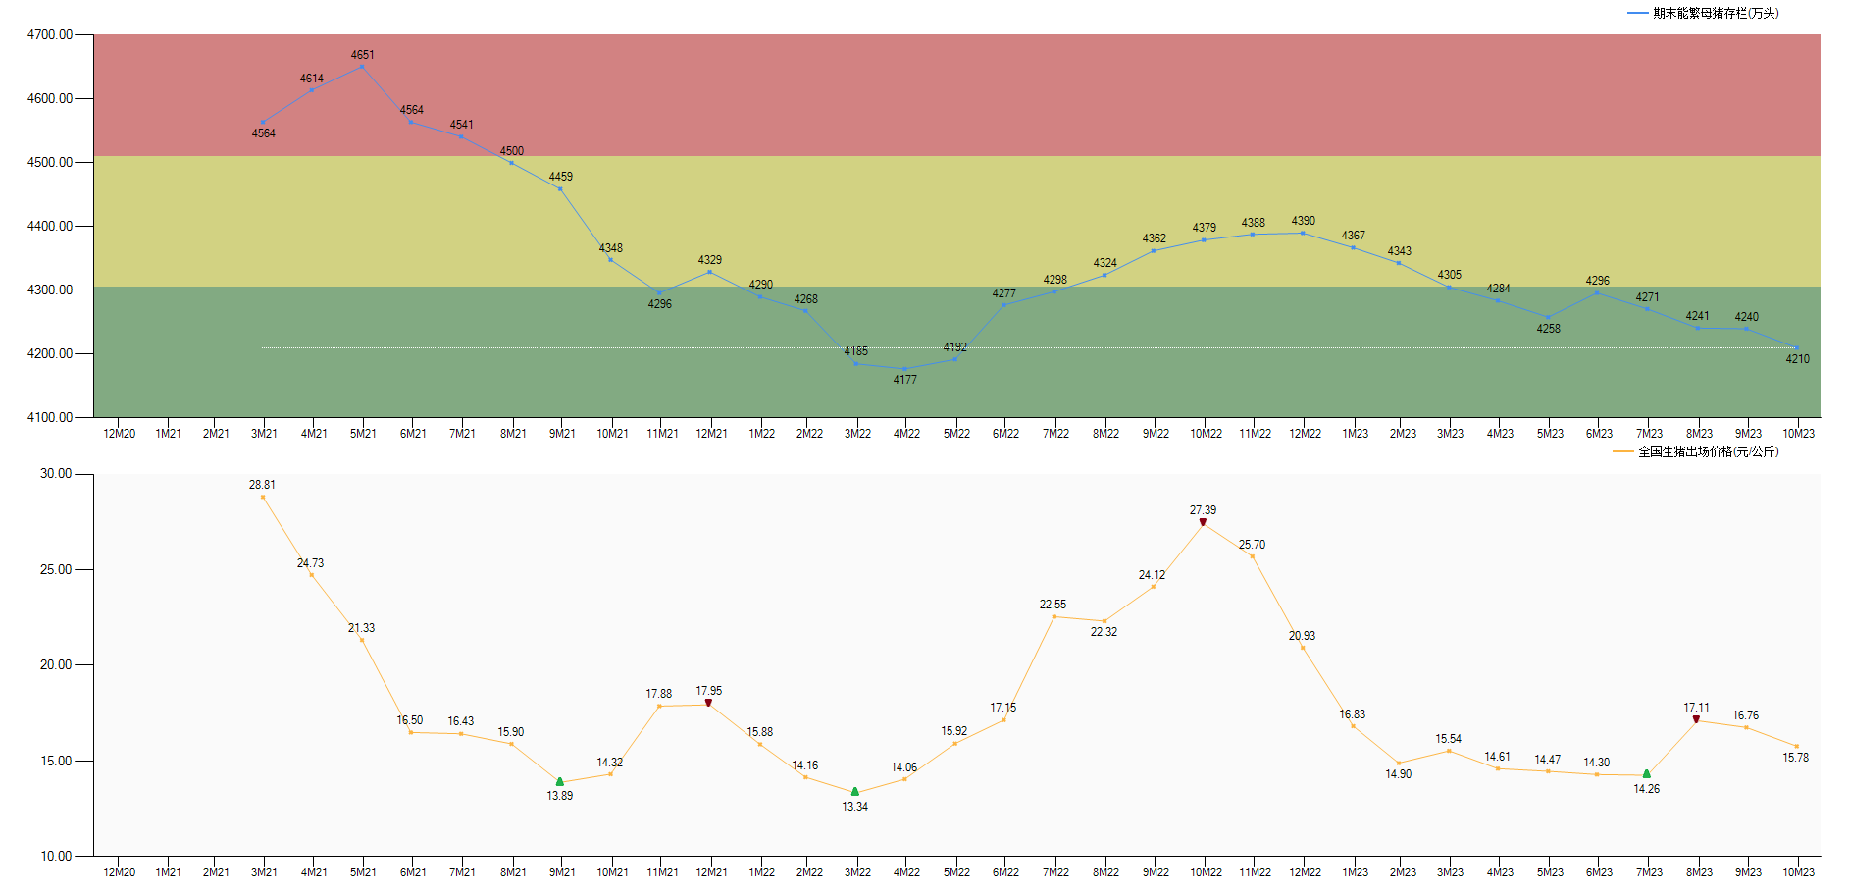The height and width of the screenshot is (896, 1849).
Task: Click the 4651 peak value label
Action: click(362, 55)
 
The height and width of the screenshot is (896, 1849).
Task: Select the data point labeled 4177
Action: click(904, 369)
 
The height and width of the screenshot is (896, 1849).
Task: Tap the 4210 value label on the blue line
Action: click(1797, 359)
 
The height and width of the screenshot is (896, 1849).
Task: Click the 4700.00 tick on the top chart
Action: click(50, 34)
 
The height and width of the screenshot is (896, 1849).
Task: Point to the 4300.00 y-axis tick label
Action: click(50, 290)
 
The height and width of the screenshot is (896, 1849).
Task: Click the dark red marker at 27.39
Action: click(1203, 522)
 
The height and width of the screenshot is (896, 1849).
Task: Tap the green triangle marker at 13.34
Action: click(854, 791)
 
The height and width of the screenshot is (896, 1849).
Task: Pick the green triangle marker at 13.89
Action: click(560, 782)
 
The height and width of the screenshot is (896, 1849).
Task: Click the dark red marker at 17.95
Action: click(708, 703)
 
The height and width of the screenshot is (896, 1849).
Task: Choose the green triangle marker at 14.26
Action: click(1646, 774)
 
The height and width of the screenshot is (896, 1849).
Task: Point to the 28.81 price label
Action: click(262, 485)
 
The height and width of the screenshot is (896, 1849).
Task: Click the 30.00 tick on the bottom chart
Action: click(56, 473)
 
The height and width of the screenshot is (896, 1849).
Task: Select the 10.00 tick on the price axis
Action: click(56, 856)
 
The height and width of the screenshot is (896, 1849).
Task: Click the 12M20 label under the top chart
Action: click(119, 434)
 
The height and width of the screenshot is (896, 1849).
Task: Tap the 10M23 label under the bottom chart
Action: click(1798, 872)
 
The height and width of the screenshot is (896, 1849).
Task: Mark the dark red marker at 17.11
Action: click(1696, 719)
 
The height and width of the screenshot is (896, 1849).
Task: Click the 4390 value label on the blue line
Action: click(1303, 221)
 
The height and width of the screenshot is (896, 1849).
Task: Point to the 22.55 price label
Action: click(1053, 605)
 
